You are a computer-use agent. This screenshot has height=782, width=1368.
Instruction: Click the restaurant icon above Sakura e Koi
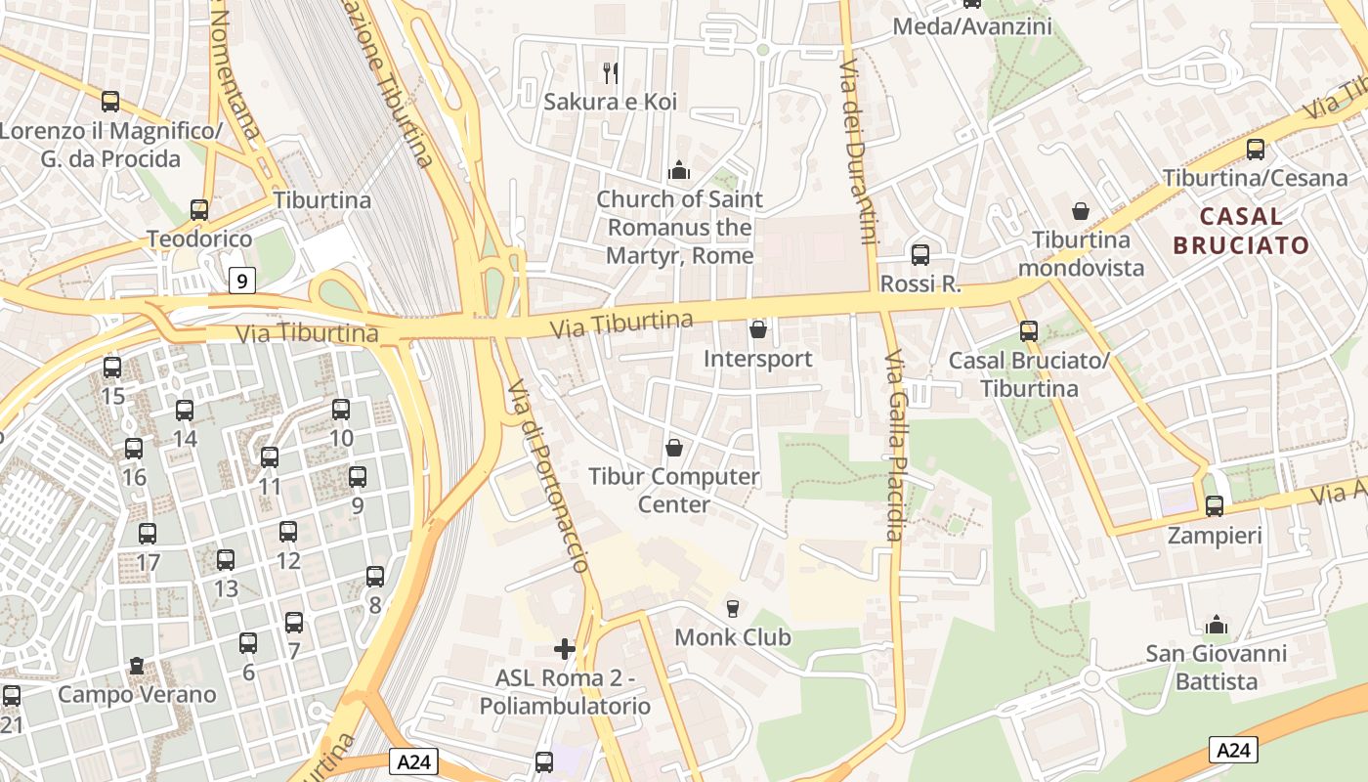coord(611,71)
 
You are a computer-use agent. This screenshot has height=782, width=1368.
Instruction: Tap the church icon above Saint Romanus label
coord(679,171)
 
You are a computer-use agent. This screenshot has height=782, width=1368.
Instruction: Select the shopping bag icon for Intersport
coord(757,330)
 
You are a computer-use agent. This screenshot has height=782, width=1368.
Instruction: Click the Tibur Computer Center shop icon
coord(673,448)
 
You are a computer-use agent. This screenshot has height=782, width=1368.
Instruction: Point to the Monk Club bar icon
coord(733,609)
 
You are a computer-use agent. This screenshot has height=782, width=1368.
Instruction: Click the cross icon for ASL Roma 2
coord(565,648)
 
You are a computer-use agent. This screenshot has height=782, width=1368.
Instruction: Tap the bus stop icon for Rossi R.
coord(919,255)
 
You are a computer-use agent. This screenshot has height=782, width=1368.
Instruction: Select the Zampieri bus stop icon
coord(1215,506)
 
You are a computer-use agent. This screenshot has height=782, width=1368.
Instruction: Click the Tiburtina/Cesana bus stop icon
coord(1256,150)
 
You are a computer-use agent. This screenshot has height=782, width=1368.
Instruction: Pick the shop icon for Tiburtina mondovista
coord(1081,211)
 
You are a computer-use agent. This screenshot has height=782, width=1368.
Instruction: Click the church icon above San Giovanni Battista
coord(1217,624)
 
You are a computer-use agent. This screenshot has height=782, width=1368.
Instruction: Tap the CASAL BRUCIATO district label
coord(1241,231)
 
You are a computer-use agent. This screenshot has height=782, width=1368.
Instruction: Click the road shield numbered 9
coord(242,282)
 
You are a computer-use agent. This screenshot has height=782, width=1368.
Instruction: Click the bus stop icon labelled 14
coord(185,411)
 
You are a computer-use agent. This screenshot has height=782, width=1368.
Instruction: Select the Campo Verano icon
coord(137,667)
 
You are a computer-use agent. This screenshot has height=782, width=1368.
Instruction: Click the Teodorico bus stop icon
coord(199,210)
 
